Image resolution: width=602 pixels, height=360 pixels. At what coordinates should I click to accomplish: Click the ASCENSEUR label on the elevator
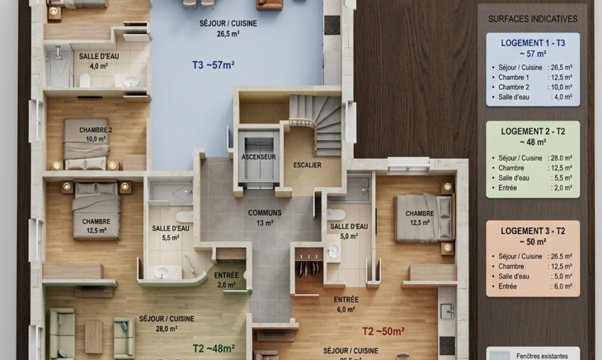pos(258,157)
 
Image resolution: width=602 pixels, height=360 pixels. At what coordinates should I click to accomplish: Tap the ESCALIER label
pos(307,165)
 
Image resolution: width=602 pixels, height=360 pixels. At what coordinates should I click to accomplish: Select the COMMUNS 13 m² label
pos(265,217)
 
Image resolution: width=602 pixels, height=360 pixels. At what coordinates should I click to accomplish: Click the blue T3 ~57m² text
pos(213,65)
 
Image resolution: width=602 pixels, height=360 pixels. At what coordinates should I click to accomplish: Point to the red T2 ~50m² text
pos(383,331)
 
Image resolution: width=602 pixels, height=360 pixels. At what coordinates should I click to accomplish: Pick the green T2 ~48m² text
pos(214,349)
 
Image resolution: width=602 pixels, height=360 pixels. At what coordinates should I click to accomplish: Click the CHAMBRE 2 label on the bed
pos(96,134)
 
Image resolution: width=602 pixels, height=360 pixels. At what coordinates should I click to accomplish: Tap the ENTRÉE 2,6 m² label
pos(226,280)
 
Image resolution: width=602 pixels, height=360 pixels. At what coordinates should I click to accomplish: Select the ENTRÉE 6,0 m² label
pos(346,305)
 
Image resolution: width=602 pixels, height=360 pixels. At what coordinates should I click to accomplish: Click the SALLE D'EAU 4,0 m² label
pos(99,61)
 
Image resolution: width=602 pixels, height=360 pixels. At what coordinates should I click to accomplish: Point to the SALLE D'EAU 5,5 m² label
pos(170,233)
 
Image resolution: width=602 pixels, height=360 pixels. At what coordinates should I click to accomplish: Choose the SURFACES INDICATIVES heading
pos(532,19)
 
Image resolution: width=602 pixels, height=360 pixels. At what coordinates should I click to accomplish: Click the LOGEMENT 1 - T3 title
pos(533,43)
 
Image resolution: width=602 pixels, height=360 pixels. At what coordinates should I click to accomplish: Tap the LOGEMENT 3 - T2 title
pos(533,231)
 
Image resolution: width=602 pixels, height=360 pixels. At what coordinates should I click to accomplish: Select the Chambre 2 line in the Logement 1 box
pos(532,87)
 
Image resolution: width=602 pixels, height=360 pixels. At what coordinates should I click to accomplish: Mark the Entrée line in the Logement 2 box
pos(532,188)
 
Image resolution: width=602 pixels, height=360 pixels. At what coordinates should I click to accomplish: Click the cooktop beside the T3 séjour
pos(332,25)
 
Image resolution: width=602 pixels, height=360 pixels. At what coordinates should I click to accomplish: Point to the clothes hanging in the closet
pos(309,267)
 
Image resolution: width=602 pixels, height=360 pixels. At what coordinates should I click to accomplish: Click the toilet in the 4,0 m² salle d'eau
pos(85,80)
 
